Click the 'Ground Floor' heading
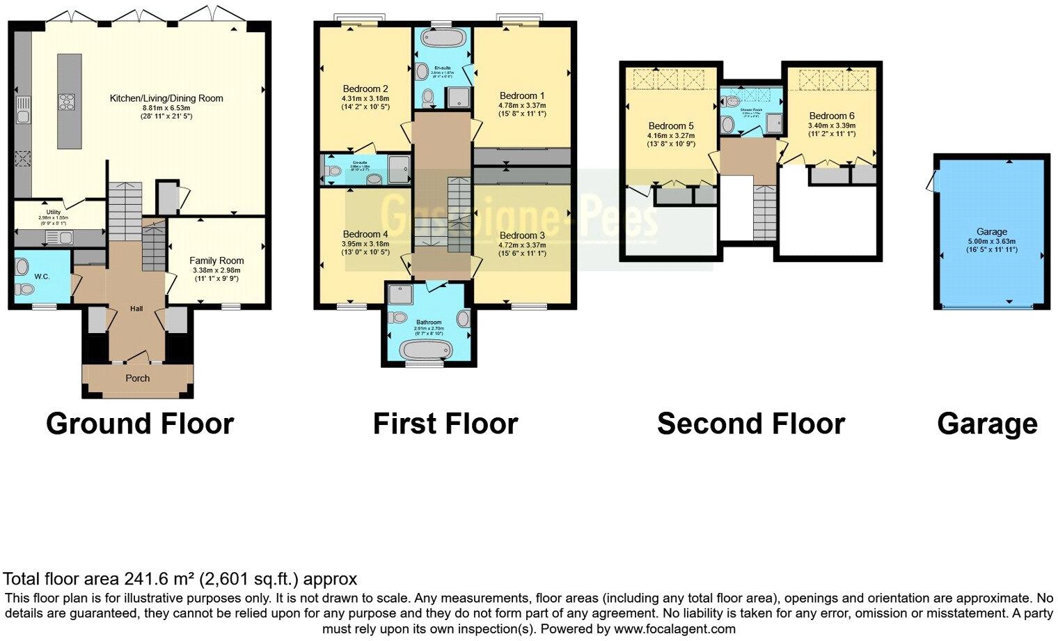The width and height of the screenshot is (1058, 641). pyautogui.click(x=139, y=424)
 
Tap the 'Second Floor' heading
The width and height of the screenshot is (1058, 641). pyautogui.click(x=750, y=424)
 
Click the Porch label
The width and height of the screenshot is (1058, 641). pyautogui.click(x=137, y=378)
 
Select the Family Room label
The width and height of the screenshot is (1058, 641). pyautogui.click(x=216, y=261)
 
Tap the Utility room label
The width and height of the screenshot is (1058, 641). pyautogui.click(x=54, y=212)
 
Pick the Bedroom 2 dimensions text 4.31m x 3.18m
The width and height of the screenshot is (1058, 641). pyautogui.click(x=365, y=98)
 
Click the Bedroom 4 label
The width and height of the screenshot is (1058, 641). pyautogui.click(x=365, y=234)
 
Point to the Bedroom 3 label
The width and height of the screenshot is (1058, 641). pyautogui.click(x=522, y=235)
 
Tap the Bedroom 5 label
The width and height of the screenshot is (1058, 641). pyautogui.click(x=671, y=126)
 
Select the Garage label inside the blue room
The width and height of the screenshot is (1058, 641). pyautogui.click(x=991, y=231)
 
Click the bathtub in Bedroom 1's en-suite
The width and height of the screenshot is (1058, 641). pyautogui.click(x=442, y=38)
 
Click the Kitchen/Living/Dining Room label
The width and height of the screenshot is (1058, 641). pyautogui.click(x=166, y=98)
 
